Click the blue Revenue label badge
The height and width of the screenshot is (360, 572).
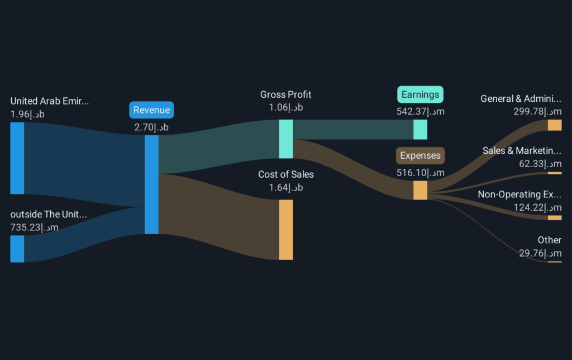click(x=151, y=110)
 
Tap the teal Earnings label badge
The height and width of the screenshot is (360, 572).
click(x=420, y=94)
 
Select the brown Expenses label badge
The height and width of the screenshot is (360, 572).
click(x=420, y=155)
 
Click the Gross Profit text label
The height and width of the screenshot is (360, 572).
click(x=286, y=94)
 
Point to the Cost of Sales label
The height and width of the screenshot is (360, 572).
click(x=286, y=174)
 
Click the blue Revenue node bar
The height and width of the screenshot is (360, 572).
click(x=151, y=184)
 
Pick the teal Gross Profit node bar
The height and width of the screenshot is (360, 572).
click(x=286, y=139)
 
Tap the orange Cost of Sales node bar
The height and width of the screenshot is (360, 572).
click(x=286, y=229)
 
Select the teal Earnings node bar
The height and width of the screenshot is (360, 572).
click(x=420, y=129)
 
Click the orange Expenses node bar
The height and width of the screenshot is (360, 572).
click(x=420, y=190)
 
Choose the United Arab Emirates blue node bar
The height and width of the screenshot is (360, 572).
click(x=17, y=158)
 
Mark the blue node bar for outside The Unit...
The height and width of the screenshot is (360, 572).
click(x=17, y=249)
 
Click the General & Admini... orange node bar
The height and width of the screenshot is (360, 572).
click(x=555, y=125)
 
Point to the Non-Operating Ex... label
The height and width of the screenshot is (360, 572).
click(x=519, y=195)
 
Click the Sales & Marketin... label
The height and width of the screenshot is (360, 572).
click(x=522, y=150)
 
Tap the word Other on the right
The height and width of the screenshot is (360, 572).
click(x=549, y=240)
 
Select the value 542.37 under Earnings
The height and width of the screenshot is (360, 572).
click(x=420, y=111)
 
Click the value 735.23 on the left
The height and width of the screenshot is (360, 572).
click(x=34, y=228)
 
